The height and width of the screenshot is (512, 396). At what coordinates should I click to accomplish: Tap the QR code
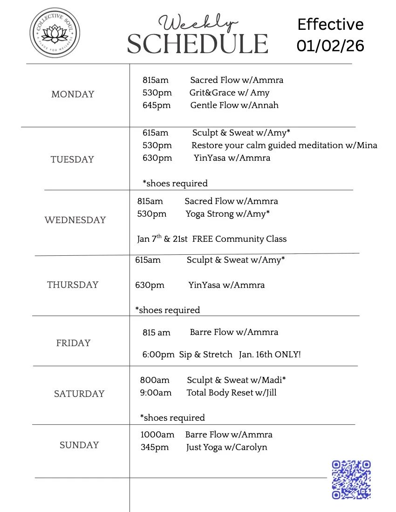pos(351,479)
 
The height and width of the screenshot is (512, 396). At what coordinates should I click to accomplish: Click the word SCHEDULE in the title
pos(198,44)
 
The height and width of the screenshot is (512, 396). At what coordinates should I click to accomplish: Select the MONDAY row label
pos(73,94)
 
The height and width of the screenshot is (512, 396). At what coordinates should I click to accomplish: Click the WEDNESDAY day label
pos(75,220)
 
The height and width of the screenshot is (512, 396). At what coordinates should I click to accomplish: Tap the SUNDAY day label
pos(79,445)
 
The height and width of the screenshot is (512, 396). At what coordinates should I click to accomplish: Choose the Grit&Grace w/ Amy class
pos(229,93)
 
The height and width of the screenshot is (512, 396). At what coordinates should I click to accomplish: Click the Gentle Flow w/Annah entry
pos(234,105)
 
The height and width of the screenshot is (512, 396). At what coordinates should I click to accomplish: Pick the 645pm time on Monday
pos(157,105)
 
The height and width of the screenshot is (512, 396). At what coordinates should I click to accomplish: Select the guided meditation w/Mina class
pos(284,145)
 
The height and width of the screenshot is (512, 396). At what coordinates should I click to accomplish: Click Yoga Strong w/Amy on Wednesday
pos(228,214)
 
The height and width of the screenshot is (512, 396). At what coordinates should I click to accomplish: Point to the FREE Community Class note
pos(239,239)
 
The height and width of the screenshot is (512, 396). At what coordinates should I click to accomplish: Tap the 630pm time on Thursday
pos(150,285)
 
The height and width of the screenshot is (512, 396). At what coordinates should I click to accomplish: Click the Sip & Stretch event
pos(205,355)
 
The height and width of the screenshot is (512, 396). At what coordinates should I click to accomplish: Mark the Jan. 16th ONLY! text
pos(270,355)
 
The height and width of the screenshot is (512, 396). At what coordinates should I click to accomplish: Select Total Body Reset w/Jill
pos(232,393)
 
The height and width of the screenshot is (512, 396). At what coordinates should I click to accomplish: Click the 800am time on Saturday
pos(155,380)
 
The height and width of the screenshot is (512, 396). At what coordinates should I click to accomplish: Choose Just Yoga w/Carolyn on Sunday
pos(226,447)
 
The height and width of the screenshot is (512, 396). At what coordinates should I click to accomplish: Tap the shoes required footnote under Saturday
pos(172,417)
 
